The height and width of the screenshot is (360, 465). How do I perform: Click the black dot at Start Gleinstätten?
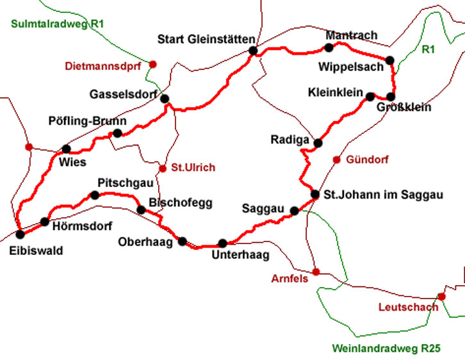click(x=253, y=51)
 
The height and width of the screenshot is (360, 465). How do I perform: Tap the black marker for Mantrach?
click(x=329, y=47)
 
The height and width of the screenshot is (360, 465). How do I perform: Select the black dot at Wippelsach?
click(x=389, y=60)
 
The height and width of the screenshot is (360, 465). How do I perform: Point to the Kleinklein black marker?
click(x=370, y=97)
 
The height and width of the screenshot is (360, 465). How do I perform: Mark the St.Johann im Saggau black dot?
click(x=315, y=194)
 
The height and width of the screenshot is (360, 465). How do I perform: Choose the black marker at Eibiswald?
click(x=20, y=234)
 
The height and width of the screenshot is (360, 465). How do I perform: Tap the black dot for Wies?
click(x=66, y=149)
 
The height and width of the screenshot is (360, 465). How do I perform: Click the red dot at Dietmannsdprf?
click(x=153, y=64)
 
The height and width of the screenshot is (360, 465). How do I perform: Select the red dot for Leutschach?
click(x=441, y=296)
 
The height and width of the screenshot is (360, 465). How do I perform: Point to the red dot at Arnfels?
click(x=315, y=271)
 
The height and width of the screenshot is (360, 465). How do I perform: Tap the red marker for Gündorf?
click(x=336, y=160)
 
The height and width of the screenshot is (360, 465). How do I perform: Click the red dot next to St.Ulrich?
click(x=163, y=168)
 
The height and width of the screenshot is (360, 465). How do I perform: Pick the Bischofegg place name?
click(x=175, y=202)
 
